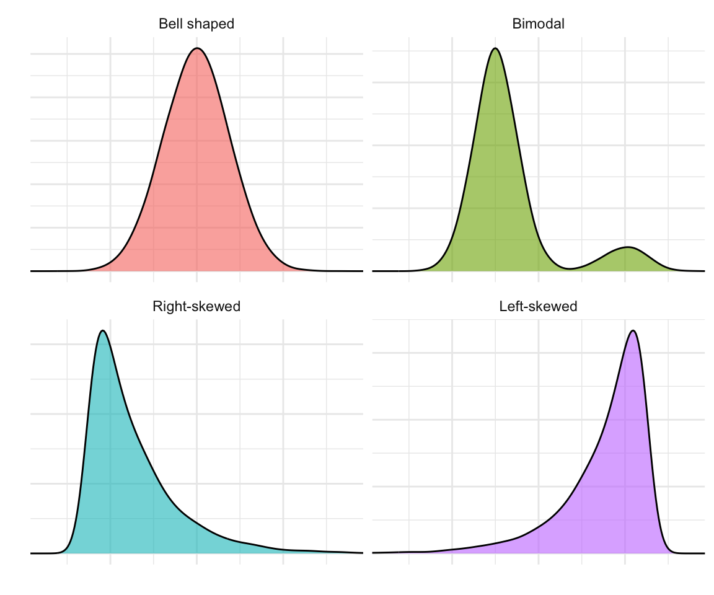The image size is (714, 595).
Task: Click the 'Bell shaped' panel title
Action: click(x=196, y=24)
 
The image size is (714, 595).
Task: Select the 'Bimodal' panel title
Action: click(x=538, y=24)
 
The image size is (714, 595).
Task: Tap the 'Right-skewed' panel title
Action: click(x=196, y=306)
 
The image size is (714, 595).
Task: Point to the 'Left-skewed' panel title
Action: click(x=538, y=306)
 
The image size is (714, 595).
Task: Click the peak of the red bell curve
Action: click(x=197, y=48)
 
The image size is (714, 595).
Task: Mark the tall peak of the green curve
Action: click(x=495, y=48)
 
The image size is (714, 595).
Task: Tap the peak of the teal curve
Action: click(x=103, y=330)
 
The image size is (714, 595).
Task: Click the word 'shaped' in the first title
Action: click(x=214, y=24)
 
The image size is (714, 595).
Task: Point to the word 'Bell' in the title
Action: click(x=169, y=24)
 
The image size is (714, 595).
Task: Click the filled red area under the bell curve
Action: click(x=197, y=186)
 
